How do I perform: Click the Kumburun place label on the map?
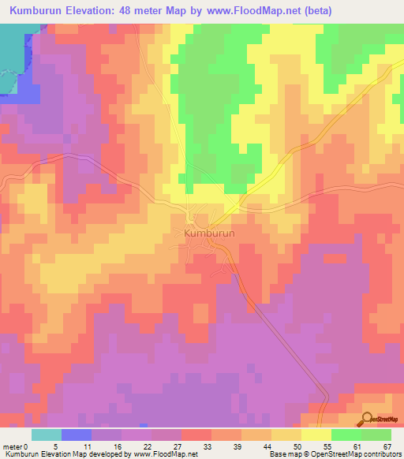[x=210, y=234]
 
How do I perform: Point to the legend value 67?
[x=387, y=446]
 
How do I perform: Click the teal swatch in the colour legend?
[x=47, y=435]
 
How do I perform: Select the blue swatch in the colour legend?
[x=77, y=435]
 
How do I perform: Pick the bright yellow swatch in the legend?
[x=316, y=435]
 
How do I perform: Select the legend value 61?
[x=357, y=446]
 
